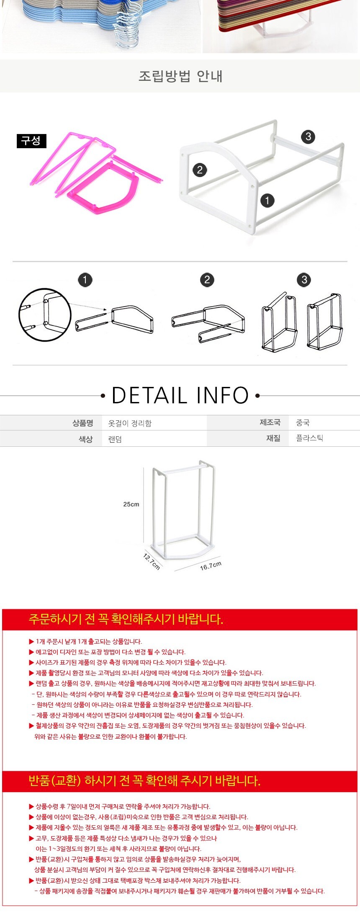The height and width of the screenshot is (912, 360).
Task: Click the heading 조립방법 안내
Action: pos(180,76)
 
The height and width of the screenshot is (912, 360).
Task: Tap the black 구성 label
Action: pos(31,141)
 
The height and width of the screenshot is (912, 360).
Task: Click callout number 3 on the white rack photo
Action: pos(308,137)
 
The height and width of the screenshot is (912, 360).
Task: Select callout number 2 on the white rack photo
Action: pos(200,170)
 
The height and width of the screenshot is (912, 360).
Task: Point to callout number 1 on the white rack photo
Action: pos(267,200)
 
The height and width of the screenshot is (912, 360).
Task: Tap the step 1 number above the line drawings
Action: pos(85,280)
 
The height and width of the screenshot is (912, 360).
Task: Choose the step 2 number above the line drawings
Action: pos(207,280)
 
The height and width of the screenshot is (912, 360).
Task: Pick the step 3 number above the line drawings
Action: pos(304,280)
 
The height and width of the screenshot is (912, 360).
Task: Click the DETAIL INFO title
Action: pos(180,395)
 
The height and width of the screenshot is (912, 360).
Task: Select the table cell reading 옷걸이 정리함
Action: pos(130,423)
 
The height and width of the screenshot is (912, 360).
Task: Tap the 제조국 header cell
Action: pos(270,422)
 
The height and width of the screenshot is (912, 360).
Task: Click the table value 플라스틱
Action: pos(309,438)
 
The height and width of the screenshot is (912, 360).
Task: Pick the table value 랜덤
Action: pos(115,439)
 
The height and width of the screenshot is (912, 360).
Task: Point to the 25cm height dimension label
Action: pos(131,504)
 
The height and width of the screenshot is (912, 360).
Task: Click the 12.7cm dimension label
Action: pos(152,562)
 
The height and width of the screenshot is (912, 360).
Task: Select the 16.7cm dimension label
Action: pos(211,566)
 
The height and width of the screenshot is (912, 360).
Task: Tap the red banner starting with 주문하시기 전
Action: pos(180,619)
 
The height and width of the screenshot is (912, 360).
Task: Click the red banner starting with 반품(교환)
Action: pos(180,781)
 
